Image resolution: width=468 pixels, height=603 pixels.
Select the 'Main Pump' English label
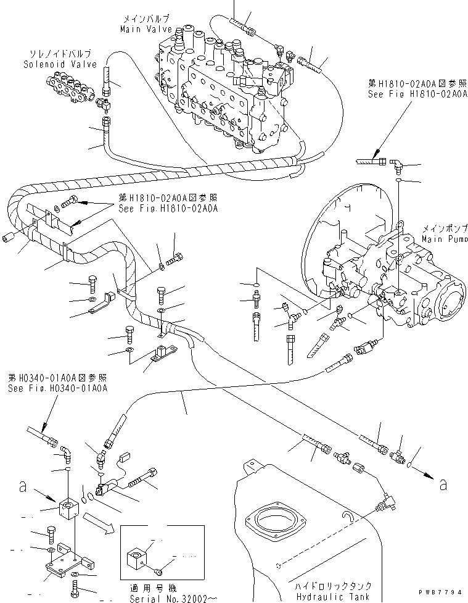(x=442, y=238)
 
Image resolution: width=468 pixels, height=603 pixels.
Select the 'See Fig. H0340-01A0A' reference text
(x=58, y=388)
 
